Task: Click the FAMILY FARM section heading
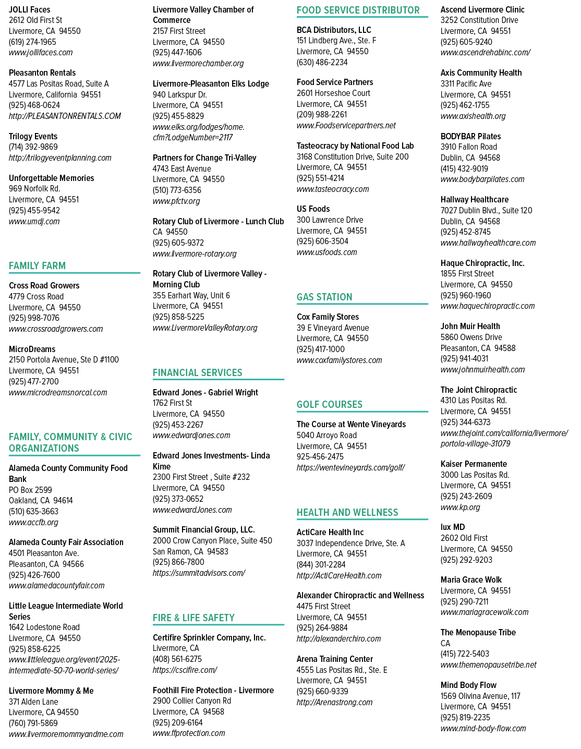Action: (37, 266)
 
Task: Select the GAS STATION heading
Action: (324, 297)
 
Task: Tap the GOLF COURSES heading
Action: (330, 404)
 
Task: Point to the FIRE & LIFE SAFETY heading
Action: (193, 618)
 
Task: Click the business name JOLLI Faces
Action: (30, 10)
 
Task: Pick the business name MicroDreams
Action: (32, 349)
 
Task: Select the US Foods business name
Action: (313, 209)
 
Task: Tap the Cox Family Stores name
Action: (328, 317)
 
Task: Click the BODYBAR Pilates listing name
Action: (470, 137)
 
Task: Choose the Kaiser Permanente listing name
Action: (474, 464)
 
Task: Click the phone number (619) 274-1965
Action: (32, 42)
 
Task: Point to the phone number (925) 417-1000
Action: (320, 349)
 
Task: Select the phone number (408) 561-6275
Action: (177, 659)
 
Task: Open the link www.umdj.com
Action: (34, 221)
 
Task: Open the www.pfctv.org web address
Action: (176, 201)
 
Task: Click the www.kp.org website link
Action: (460, 508)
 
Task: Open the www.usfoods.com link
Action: (326, 252)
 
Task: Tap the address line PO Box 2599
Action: (30, 490)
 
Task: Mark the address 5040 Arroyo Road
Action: (326, 436)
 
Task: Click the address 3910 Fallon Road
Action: (469, 147)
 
